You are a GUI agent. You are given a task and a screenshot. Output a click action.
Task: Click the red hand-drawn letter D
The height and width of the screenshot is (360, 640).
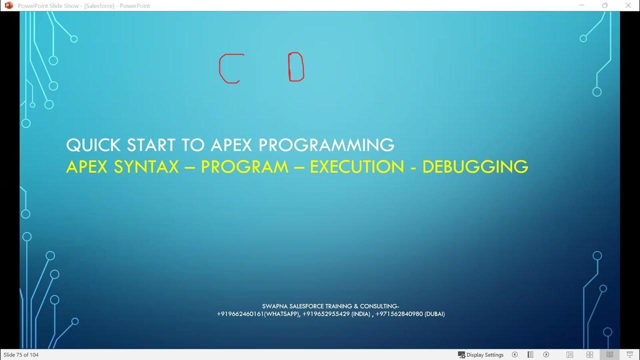[296, 67]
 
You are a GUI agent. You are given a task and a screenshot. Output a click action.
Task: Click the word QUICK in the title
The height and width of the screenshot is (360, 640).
[93, 145]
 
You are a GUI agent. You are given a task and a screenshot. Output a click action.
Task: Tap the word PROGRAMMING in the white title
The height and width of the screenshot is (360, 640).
[326, 145]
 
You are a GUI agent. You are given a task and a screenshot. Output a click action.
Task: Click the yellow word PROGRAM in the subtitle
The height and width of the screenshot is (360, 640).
[244, 166]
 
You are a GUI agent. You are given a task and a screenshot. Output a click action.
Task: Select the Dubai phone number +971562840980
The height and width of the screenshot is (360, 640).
[399, 314]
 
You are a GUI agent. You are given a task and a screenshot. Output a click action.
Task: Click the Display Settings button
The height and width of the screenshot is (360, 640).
[480, 355]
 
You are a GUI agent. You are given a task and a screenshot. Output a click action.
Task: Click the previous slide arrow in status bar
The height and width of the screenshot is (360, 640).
[514, 355]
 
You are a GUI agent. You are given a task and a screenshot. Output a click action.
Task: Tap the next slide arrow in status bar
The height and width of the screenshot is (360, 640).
[546, 355]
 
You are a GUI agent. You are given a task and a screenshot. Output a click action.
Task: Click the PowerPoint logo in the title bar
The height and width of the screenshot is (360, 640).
[8, 5]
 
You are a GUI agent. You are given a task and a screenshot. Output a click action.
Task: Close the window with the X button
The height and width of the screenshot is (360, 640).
[628, 5]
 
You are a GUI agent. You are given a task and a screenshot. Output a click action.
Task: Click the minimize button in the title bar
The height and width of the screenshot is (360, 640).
[581, 5]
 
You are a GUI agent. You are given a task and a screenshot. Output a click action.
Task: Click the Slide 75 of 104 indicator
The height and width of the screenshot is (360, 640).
[21, 355]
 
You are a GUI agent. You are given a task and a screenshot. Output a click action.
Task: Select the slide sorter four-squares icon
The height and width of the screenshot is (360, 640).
[590, 355]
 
